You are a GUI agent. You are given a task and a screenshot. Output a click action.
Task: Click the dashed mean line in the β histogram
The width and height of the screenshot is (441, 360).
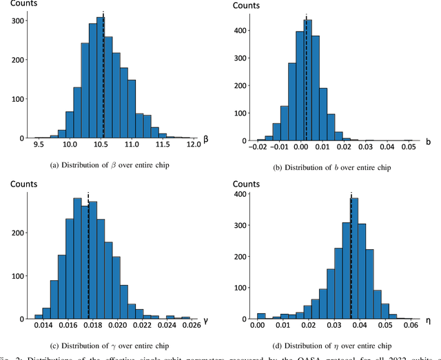point(103,76)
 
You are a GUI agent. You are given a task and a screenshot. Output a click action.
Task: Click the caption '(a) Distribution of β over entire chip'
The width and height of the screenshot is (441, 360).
point(110,165)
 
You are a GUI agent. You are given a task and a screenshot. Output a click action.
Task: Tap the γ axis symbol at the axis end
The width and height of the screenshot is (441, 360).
point(204,321)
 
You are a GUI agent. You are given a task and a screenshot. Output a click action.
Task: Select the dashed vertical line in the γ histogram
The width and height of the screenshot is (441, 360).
point(88,255)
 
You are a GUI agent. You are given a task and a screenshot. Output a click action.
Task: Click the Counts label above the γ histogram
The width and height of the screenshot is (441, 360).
point(22,184)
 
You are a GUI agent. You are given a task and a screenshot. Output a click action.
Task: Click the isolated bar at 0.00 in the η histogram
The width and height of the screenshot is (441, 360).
point(260,316)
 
